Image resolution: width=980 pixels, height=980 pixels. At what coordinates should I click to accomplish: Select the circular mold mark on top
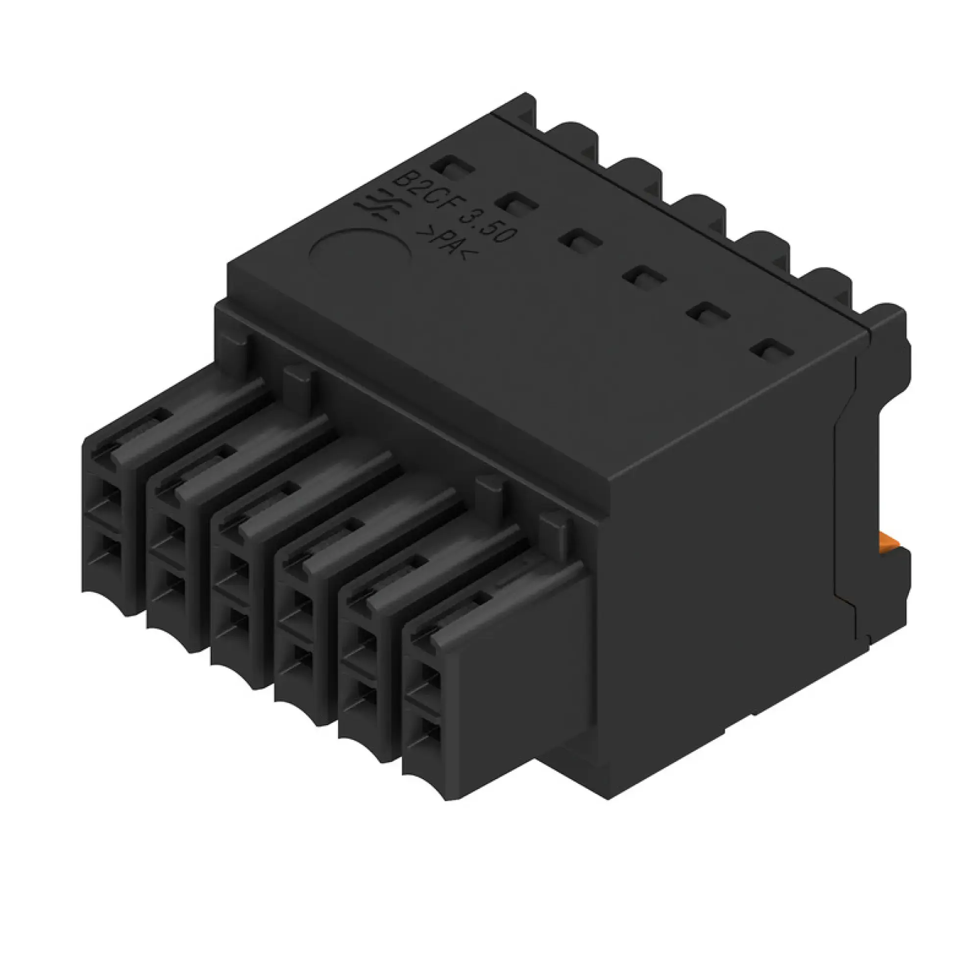pyautogui.click(x=360, y=251)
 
